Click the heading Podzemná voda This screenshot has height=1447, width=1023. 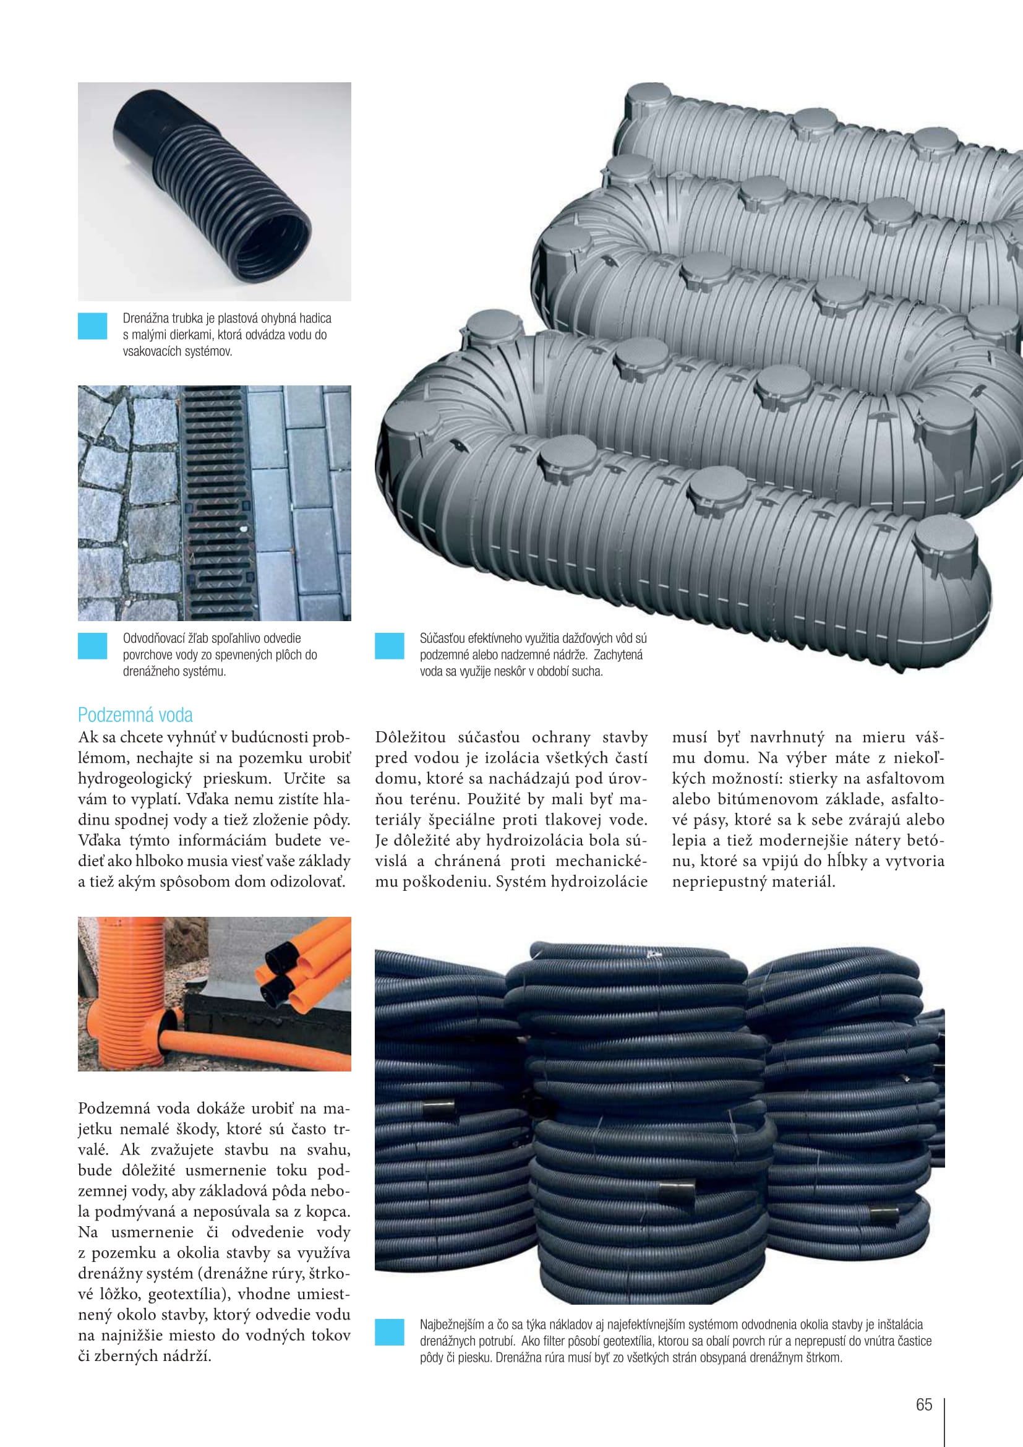pos(135,715)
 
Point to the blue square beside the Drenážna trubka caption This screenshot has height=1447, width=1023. pos(93,327)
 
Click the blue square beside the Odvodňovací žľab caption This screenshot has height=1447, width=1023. pos(93,646)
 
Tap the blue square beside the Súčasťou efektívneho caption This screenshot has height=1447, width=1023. pos(389,646)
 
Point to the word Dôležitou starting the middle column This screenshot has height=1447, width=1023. pos(410,737)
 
